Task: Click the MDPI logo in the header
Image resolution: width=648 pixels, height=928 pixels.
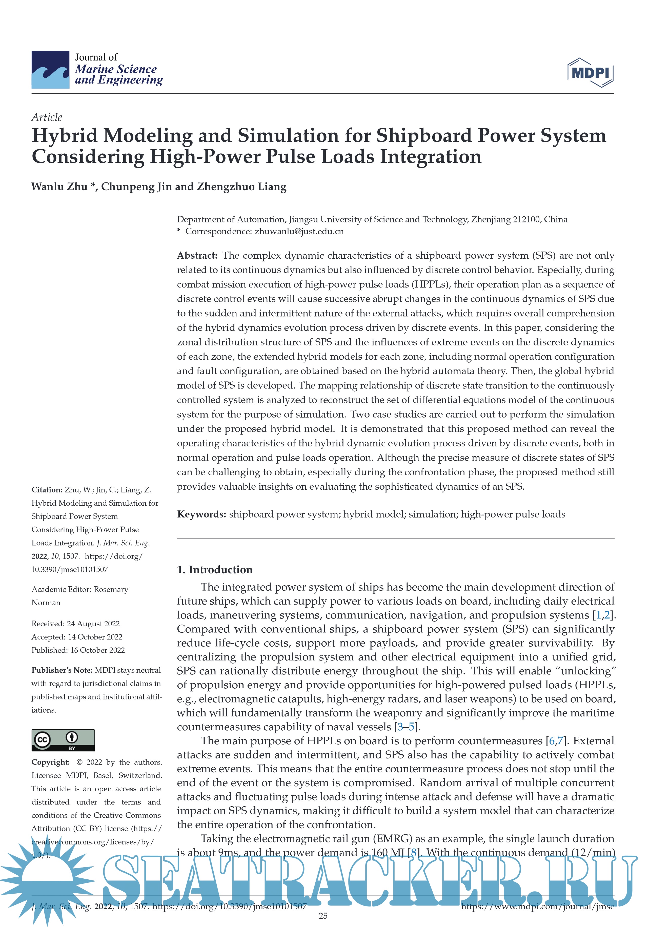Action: point(590,73)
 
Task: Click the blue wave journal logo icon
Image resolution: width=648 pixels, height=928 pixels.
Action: point(51,70)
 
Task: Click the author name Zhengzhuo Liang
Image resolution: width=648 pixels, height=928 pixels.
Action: point(241,187)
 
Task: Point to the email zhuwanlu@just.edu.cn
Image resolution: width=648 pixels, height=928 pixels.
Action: point(299,232)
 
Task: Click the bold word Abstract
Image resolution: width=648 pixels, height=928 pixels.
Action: point(197,255)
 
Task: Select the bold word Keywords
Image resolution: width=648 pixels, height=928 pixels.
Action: point(201,514)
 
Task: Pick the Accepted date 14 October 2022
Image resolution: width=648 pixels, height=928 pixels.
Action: point(95,637)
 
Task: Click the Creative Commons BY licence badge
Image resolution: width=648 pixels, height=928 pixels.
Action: point(63,740)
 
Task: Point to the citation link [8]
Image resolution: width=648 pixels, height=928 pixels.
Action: point(413,853)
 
